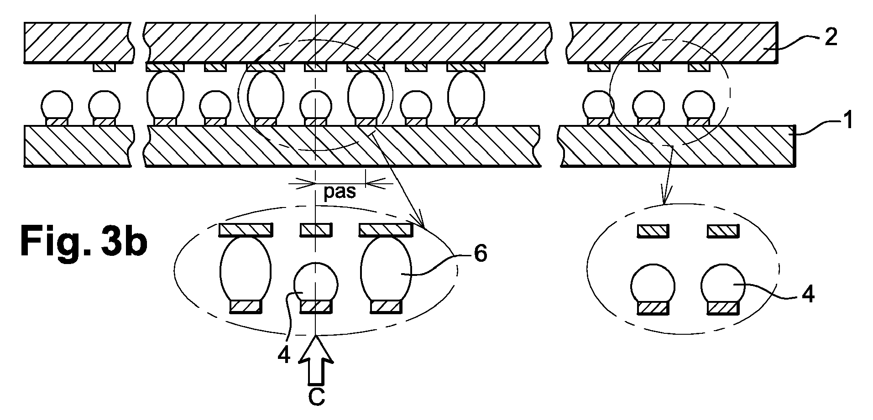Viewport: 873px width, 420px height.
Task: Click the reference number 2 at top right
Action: coord(831,37)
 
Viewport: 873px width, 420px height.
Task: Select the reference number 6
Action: coord(481,254)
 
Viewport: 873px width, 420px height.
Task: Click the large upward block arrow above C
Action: coord(316,360)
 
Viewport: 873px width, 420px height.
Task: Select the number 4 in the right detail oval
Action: coord(807,295)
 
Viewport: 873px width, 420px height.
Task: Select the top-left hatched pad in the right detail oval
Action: coord(653,231)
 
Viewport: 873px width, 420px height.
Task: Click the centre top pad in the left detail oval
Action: coord(315,230)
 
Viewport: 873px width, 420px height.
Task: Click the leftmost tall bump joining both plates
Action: coord(165,96)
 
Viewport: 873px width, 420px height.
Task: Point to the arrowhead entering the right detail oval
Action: coord(664,197)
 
